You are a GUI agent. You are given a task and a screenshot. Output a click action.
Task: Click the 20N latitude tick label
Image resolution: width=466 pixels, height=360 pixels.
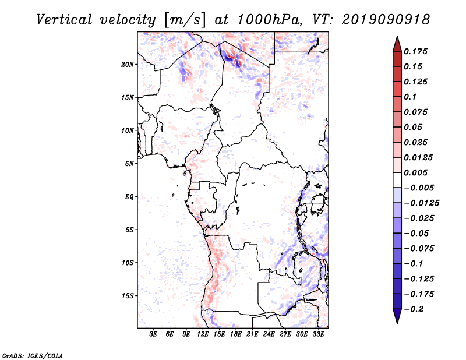click(128, 65)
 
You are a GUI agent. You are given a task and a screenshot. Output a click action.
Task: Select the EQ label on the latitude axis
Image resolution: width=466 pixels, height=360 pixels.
click(129, 197)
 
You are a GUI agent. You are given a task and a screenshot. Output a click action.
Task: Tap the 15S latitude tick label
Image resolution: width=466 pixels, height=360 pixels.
click(128, 296)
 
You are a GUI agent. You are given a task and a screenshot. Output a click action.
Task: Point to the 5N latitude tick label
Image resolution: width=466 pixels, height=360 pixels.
click(129, 164)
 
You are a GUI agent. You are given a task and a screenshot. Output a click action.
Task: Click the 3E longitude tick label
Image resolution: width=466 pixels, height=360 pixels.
click(153, 334)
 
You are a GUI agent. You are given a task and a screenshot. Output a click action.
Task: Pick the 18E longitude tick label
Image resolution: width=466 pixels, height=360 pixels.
click(236, 334)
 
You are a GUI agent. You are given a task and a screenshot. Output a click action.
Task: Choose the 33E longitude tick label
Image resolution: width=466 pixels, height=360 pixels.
click(318, 334)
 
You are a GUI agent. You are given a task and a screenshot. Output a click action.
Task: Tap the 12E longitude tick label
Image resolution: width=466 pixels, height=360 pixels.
click(203, 334)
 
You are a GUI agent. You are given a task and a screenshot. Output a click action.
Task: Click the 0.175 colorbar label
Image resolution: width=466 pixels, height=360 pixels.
click(415, 51)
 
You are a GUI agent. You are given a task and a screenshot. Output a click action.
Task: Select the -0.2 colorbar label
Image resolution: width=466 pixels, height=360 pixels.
click(414, 309)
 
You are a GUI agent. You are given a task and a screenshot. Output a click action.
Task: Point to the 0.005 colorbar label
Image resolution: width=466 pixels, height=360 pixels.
click(415, 172)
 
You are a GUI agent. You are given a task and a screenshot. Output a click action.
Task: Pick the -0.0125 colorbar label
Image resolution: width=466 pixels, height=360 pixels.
click(422, 203)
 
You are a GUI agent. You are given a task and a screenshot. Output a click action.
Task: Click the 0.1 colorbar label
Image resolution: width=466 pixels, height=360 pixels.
click(410, 97)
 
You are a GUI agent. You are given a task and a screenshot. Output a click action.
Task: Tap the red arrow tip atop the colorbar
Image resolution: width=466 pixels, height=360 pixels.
click(397, 36)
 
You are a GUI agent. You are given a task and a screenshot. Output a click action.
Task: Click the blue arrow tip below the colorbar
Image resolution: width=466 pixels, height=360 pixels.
click(397, 323)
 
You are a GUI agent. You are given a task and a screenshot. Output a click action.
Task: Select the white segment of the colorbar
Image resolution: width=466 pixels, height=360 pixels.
click(397, 180)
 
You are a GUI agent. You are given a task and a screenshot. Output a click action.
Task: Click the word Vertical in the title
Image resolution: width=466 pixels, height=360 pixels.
click(64, 20)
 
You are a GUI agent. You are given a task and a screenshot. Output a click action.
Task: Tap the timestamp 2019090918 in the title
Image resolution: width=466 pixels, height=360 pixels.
click(386, 20)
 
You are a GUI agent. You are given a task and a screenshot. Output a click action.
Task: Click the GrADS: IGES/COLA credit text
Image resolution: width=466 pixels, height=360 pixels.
click(33, 355)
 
